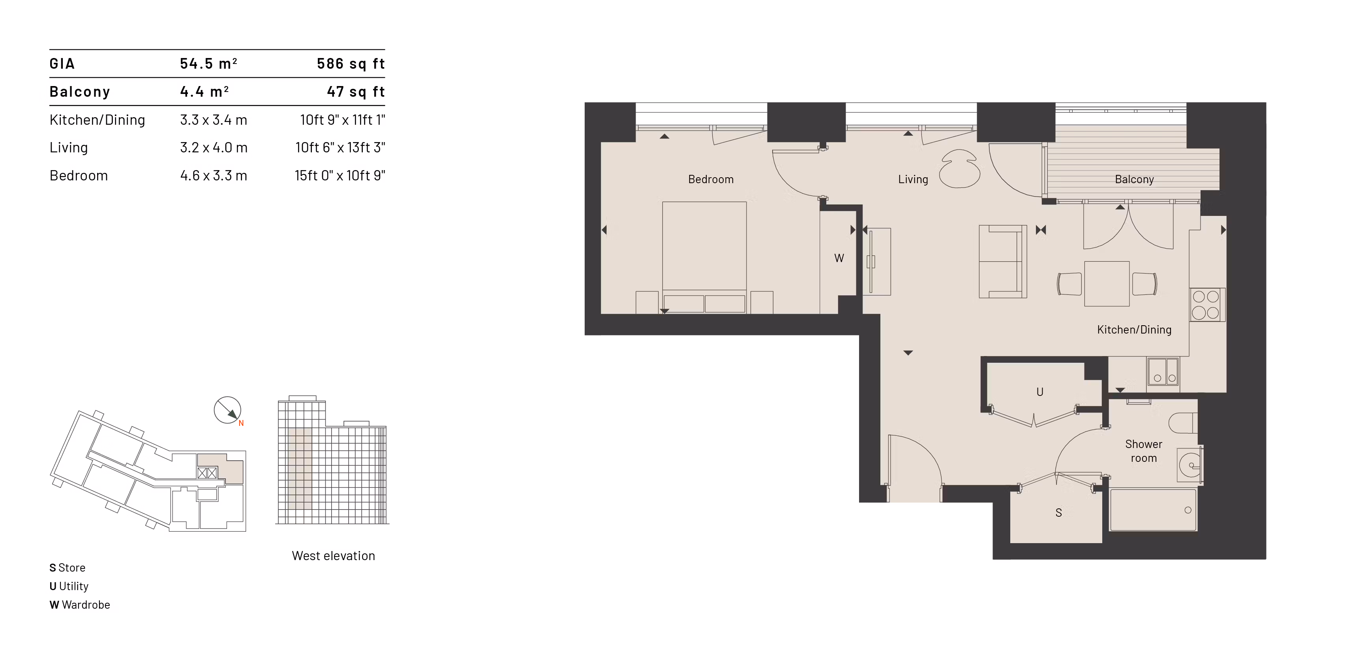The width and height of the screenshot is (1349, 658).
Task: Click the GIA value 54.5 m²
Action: pos(208,64)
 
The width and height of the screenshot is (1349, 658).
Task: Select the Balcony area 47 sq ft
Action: pos(356,92)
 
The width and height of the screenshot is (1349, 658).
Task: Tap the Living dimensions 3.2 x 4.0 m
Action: pos(214,148)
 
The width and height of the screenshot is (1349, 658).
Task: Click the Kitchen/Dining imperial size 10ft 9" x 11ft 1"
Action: pos(343,120)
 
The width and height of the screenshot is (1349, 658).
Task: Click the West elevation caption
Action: pos(333,555)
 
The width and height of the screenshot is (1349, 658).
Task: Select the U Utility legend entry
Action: pos(69,586)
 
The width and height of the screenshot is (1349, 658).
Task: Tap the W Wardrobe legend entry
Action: pos(80,605)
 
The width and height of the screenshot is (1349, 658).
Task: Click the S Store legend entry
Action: pos(67,568)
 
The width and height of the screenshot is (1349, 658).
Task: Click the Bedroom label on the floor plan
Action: pos(711,179)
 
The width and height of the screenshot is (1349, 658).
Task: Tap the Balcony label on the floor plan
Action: pos(1134,179)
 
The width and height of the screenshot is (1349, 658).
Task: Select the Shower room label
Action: pos(1143,451)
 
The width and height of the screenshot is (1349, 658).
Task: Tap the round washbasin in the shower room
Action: pos(1190,464)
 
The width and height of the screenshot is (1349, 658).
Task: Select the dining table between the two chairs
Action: pos(1107,284)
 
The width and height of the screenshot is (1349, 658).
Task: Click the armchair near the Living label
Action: pos(959,169)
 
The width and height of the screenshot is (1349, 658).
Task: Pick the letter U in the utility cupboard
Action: pos(1040,392)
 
